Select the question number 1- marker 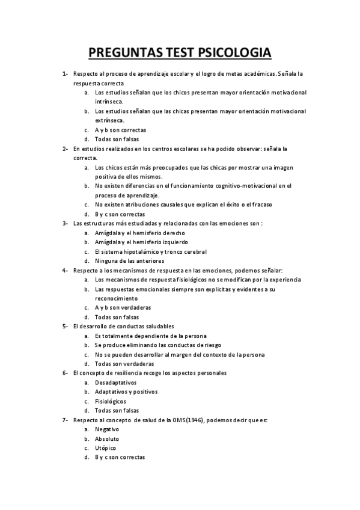pyautogui.click(x=65, y=74)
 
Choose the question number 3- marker pyautogui.click(x=65, y=223)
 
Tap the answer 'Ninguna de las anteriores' pyautogui.click(x=129, y=260)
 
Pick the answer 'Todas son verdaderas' pyautogui.click(x=124, y=363)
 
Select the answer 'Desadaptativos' pyautogui.click(x=115, y=382)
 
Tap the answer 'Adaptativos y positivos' pyautogui.click(x=126, y=392)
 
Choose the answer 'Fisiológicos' pyautogui.click(x=111, y=401)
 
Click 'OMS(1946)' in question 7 pyautogui.click(x=189, y=420)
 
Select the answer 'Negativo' pyautogui.click(x=107, y=429)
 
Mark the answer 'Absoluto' pyautogui.click(x=107, y=438)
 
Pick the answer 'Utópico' pyautogui.click(x=106, y=448)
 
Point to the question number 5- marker pyautogui.click(x=65, y=326)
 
